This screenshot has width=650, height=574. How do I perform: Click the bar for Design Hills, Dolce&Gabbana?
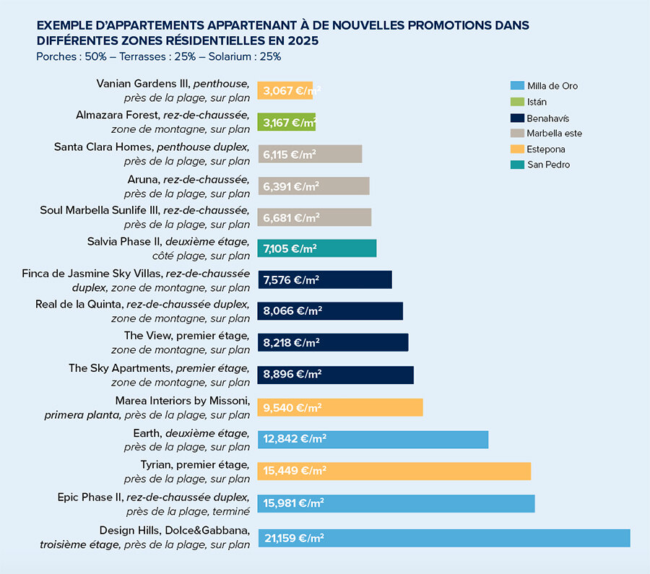click(x=443, y=538)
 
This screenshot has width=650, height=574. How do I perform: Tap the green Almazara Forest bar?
click(x=287, y=122)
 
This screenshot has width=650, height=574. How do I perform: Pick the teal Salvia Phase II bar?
click(x=316, y=248)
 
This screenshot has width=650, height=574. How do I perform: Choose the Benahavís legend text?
click(x=550, y=118)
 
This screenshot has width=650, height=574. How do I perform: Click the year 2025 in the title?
click(x=302, y=40)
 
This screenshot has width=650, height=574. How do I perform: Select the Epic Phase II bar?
click(x=396, y=503)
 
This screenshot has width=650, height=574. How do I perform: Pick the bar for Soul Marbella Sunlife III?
click(x=314, y=217)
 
